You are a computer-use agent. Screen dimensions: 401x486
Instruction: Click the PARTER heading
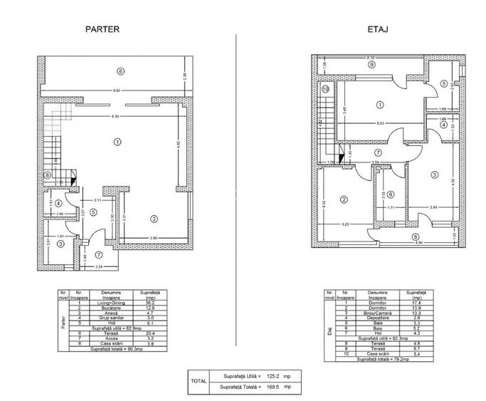(102, 30)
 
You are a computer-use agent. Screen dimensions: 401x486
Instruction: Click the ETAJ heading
(377, 30)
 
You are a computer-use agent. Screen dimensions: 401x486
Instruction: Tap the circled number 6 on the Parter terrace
(121, 71)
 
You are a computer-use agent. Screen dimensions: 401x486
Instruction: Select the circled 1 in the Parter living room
(117, 141)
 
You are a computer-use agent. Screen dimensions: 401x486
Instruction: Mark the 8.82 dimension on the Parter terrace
(117, 90)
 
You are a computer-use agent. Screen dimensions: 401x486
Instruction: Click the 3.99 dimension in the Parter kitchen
(153, 237)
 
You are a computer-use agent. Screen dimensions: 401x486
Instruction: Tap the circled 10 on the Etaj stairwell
(325, 89)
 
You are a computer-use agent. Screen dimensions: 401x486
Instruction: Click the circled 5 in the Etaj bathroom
(443, 83)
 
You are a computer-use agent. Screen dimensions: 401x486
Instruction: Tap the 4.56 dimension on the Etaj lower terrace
(420, 244)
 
